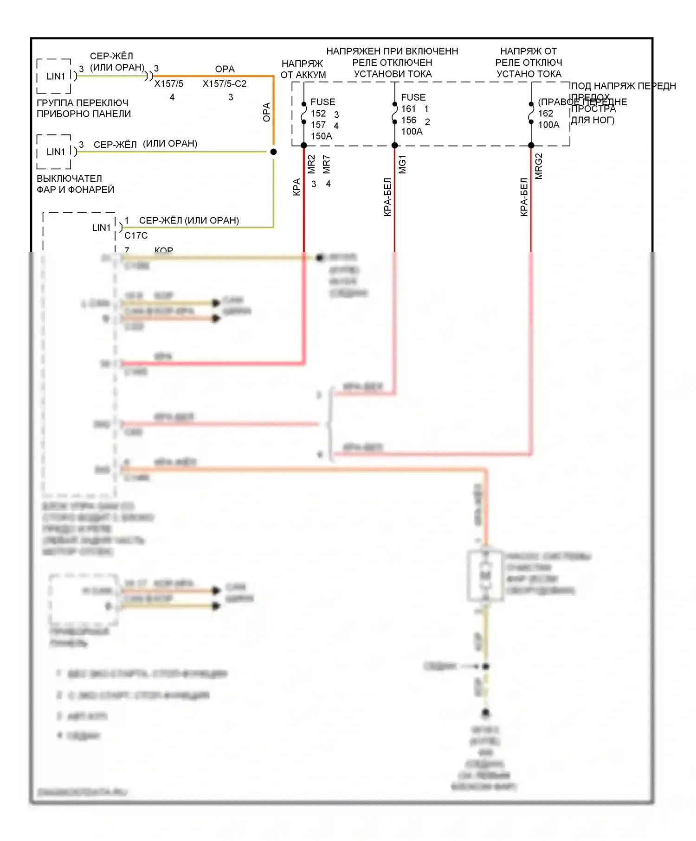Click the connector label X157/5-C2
pyautogui.click(x=224, y=84)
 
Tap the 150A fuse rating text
pyautogui.click(x=321, y=136)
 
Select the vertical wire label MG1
pyautogui.click(x=402, y=165)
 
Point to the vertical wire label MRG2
pyautogui.click(x=539, y=166)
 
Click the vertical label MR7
pyautogui.click(x=327, y=164)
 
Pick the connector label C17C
pyautogui.click(x=136, y=236)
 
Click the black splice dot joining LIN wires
pyautogui.click(x=273, y=152)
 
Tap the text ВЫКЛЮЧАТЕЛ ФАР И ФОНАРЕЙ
pyautogui.click(x=75, y=184)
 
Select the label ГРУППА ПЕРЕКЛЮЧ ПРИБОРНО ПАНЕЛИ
pyautogui.click(x=84, y=108)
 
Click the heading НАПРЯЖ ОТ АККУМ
pyautogui.click(x=303, y=69)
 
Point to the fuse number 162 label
pyautogui.click(x=546, y=114)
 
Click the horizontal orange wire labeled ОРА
pyautogui.click(x=213, y=76)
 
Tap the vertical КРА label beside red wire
pyautogui.click(x=297, y=187)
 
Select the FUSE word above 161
pyautogui.click(x=413, y=97)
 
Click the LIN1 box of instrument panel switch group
pyautogui.click(x=55, y=76)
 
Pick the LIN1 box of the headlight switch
pyautogui.click(x=55, y=152)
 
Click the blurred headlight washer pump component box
pyautogui.click(x=485, y=576)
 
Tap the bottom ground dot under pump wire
pyautogui.click(x=485, y=712)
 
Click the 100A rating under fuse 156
pyautogui.click(x=412, y=132)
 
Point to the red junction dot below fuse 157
pyautogui.click(x=304, y=146)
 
